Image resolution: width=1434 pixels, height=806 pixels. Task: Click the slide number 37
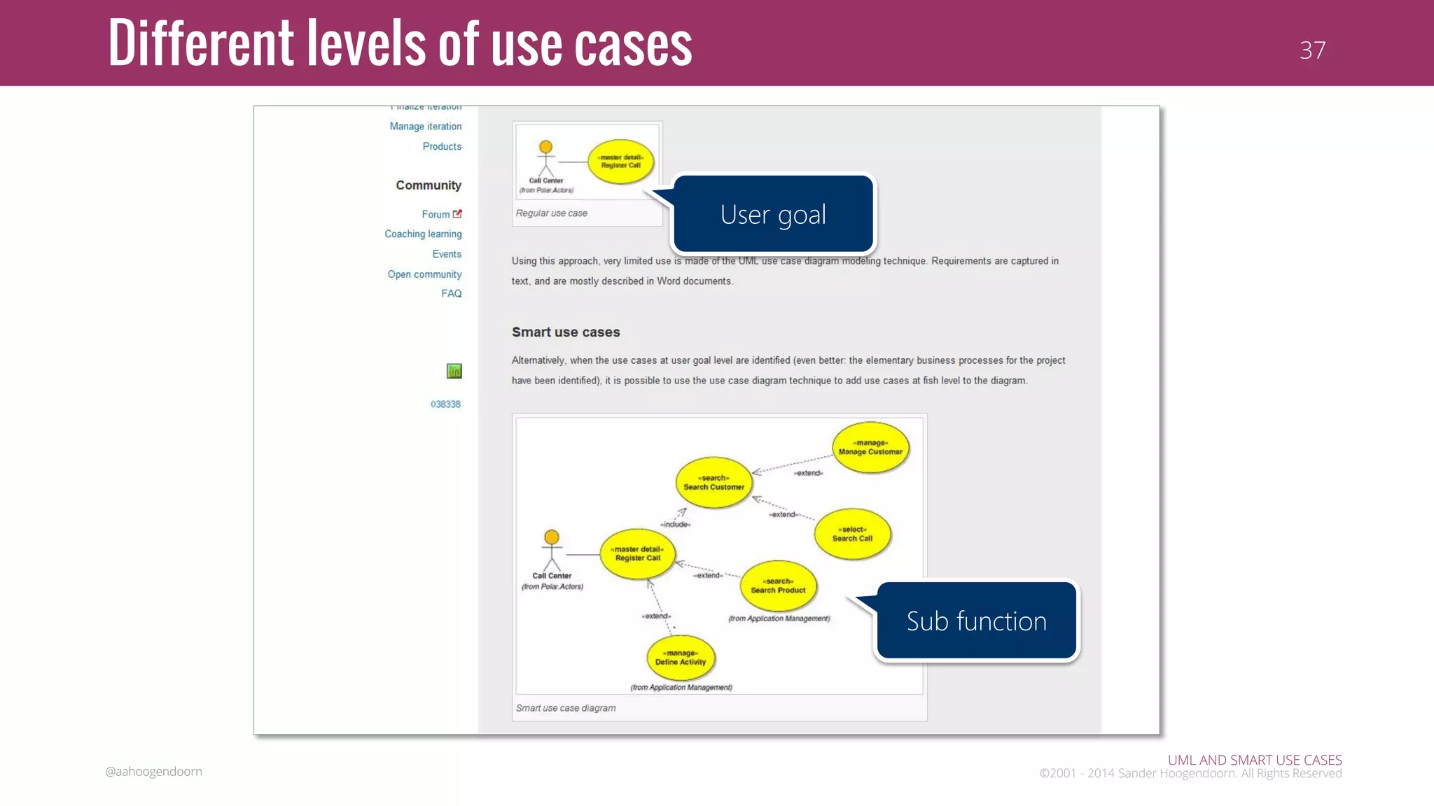[1312, 50]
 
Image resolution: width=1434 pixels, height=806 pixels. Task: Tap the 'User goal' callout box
[773, 214]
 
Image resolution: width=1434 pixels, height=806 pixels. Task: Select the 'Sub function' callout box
[976, 621]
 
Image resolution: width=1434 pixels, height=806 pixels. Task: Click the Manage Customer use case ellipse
[870, 448]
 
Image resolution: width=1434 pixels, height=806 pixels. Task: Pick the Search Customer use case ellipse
[713, 483]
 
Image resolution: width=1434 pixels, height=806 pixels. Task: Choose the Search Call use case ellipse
[852, 534]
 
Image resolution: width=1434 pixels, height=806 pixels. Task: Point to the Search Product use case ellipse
[778, 586]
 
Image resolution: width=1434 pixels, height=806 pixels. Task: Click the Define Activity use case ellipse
[681, 658]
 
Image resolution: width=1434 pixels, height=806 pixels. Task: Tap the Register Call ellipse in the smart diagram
[638, 553]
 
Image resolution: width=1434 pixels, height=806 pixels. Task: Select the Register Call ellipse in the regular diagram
[620, 162]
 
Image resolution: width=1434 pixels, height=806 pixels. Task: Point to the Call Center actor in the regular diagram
[545, 160]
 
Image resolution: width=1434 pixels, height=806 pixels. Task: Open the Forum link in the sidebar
[436, 215]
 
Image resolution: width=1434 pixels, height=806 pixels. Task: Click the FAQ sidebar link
[451, 294]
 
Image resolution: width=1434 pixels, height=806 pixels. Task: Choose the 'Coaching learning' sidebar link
[423, 234]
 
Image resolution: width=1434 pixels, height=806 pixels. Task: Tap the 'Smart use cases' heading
[566, 332]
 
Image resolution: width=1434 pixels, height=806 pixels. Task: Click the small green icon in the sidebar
[454, 372]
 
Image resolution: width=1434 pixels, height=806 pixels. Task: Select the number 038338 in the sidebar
[445, 404]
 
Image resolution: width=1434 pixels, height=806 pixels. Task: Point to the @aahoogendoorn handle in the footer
[153, 772]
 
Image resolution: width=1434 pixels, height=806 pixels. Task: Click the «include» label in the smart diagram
[676, 524]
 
